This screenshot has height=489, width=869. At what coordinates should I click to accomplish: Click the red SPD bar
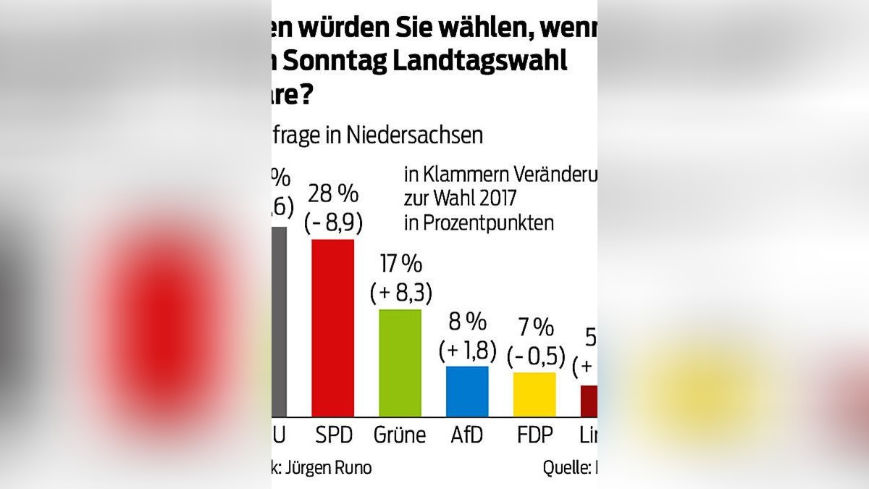[332, 327]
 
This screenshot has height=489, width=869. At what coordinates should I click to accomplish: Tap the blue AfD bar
[467, 391]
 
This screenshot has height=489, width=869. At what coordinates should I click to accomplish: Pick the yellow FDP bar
[534, 394]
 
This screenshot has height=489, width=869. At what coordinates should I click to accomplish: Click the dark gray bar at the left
[279, 322]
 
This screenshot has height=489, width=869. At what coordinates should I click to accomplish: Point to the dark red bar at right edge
[589, 401]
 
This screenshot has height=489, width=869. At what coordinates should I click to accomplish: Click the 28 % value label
[332, 194]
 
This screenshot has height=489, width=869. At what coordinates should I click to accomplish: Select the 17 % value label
[400, 264]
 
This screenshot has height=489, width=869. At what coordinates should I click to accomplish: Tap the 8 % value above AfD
[467, 321]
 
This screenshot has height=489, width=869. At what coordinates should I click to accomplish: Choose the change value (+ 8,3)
[400, 293]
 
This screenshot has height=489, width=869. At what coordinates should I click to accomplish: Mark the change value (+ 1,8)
[467, 350]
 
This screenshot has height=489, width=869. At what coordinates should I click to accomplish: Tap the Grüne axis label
[400, 435]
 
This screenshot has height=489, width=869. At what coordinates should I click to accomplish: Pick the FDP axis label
[535, 435]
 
